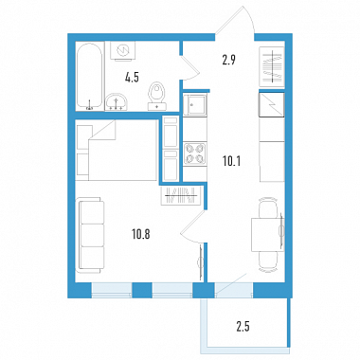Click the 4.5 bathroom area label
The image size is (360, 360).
tap(132, 78)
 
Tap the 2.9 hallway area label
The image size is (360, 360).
tap(228, 60)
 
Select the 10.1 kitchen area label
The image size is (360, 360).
tap(231, 162)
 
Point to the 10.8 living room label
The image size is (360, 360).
tap(141, 234)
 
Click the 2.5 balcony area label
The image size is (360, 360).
tap(243, 327)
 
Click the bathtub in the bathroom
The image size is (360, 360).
tap(90, 76)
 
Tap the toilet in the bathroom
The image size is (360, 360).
tap(157, 97)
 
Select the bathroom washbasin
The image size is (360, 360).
tap(117, 102)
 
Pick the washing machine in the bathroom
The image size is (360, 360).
tap(123, 50)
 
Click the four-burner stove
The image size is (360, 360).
tap(194, 153)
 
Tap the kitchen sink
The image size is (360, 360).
tap(194, 105)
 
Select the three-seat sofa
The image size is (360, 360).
tap(90, 235)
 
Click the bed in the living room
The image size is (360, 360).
tap(117, 150)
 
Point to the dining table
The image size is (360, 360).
tap(267, 234)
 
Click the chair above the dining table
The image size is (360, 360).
tap(268, 207)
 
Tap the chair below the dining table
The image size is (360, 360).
tap(268, 261)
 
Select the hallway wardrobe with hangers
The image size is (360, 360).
tap(271, 66)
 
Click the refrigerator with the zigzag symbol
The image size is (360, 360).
tap(272, 105)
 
